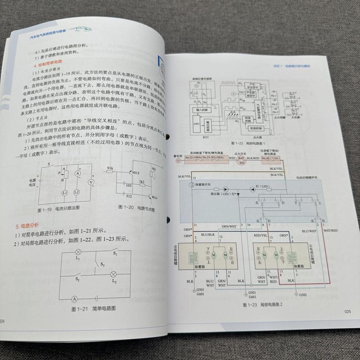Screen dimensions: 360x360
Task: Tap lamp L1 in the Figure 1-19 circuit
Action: [64, 192]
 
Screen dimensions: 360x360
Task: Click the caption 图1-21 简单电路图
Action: [94, 309]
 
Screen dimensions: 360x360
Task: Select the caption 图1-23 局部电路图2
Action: [262, 305]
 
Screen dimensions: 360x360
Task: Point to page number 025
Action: [346, 312]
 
